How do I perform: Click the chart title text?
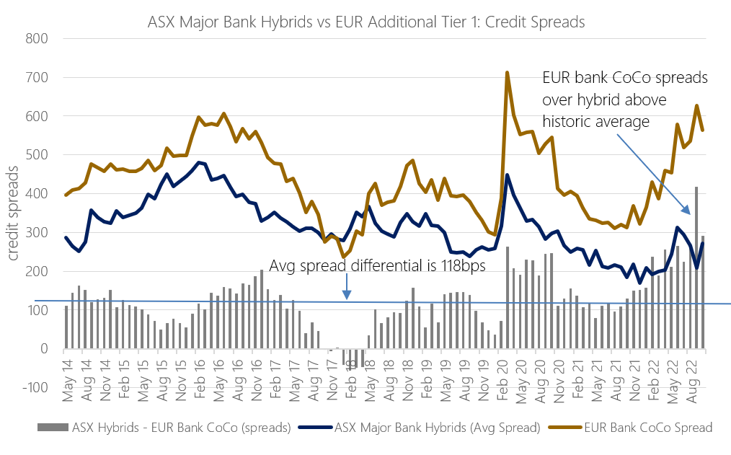click(x=365, y=22)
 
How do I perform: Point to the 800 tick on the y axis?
click(x=36, y=38)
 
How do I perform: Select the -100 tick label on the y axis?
click(x=34, y=388)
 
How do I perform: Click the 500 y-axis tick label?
click(x=36, y=155)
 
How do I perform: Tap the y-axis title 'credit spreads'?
click(x=12, y=213)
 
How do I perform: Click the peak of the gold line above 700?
click(x=508, y=72)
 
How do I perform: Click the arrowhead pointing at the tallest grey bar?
click(x=688, y=212)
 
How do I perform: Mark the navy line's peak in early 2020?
click(x=508, y=175)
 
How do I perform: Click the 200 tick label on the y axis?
click(x=36, y=272)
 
